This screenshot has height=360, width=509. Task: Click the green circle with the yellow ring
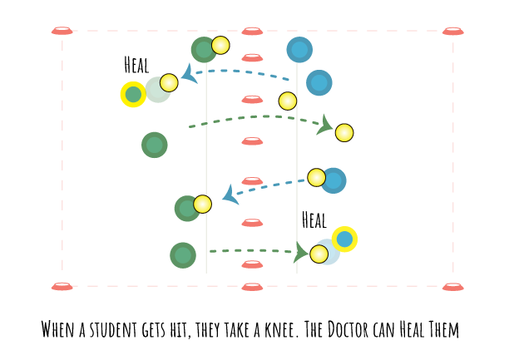tap(133, 94)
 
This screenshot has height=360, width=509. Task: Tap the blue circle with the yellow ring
tap(344, 239)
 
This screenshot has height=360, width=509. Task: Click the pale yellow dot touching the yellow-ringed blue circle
tap(319, 254)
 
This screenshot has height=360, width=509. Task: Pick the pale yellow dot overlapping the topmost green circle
tap(220, 45)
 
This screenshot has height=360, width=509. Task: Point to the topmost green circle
tap(204, 50)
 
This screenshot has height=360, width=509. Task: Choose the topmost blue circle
tap(299, 49)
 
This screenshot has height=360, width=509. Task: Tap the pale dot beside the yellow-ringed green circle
tap(169, 82)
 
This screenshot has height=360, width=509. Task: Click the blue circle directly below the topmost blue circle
tap(319, 82)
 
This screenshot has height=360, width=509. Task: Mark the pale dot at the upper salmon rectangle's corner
tap(288, 101)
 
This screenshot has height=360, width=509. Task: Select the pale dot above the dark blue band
tap(344, 132)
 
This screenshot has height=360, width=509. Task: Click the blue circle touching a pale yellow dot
tap(333, 180)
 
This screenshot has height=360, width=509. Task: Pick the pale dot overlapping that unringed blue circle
tap(317, 177)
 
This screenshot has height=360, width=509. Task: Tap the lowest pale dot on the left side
tap(203, 204)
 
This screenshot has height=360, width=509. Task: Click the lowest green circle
tap(182, 255)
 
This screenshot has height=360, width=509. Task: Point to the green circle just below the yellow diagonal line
tap(154, 145)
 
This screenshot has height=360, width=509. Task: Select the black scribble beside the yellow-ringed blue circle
tap(313, 226)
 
